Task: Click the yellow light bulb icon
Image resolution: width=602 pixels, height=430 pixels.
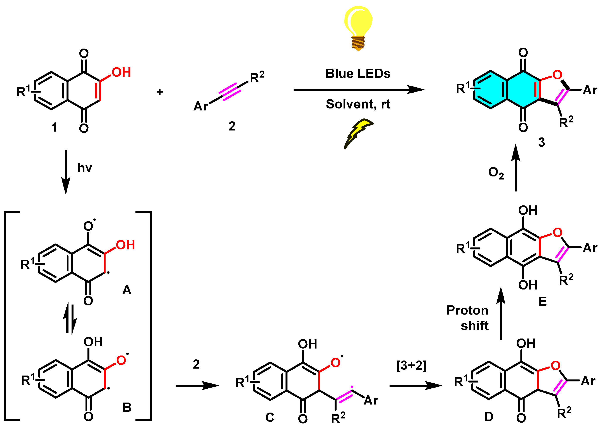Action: click(x=358, y=27)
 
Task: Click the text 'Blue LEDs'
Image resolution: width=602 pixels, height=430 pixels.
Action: click(x=358, y=73)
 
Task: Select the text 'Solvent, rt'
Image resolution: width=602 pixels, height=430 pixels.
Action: click(x=358, y=104)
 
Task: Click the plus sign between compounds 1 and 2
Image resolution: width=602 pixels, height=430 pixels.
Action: click(x=160, y=92)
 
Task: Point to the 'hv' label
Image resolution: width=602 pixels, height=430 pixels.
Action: click(x=85, y=168)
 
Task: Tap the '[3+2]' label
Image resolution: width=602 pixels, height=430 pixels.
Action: click(x=411, y=365)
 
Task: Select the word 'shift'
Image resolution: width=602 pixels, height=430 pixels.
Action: click(x=474, y=325)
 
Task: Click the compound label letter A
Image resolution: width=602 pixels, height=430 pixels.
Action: click(x=127, y=290)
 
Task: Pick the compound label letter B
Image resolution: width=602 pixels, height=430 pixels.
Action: click(x=127, y=407)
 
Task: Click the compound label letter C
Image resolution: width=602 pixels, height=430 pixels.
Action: click(x=270, y=418)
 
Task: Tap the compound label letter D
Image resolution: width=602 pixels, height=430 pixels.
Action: click(x=489, y=417)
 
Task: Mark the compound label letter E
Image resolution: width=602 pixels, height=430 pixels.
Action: click(x=543, y=301)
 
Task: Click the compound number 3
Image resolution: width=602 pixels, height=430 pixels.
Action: click(x=542, y=142)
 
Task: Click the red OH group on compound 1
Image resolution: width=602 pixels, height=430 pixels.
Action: click(x=121, y=72)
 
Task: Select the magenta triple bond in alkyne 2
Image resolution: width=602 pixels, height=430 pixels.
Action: click(x=229, y=92)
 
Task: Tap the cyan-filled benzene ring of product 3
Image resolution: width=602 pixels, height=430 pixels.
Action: click(x=490, y=90)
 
